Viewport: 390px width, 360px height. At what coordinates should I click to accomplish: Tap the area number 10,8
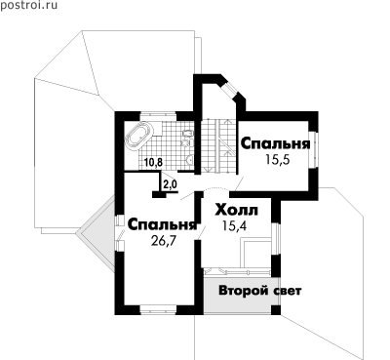click(153, 162)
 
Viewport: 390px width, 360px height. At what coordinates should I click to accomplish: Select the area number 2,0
click(169, 184)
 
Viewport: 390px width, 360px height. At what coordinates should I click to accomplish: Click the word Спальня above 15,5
click(275, 143)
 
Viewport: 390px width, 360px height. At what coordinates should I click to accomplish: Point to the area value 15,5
click(277, 160)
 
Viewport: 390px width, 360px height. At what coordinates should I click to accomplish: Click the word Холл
click(237, 211)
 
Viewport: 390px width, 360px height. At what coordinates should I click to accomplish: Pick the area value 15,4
click(235, 225)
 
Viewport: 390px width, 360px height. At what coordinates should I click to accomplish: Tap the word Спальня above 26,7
click(163, 224)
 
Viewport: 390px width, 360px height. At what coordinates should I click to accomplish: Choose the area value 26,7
click(164, 241)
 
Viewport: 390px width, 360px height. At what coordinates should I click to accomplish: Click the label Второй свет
click(260, 291)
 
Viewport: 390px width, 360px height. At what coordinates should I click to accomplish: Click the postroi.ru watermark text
click(28, 6)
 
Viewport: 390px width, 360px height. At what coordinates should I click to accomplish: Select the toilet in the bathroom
click(188, 134)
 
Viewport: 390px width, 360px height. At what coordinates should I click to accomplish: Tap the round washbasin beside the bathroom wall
click(190, 160)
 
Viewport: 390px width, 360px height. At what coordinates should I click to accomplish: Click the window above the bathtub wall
click(158, 116)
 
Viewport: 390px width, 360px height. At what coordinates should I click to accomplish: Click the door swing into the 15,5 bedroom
click(239, 184)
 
